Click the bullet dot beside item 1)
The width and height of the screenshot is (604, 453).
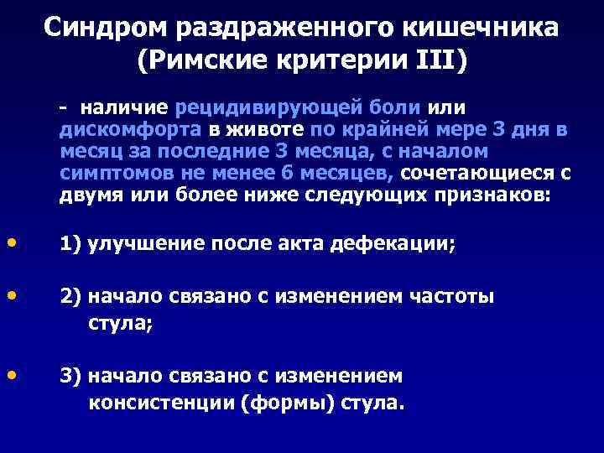coord(11,242)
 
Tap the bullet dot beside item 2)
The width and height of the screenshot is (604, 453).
coord(11,296)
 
